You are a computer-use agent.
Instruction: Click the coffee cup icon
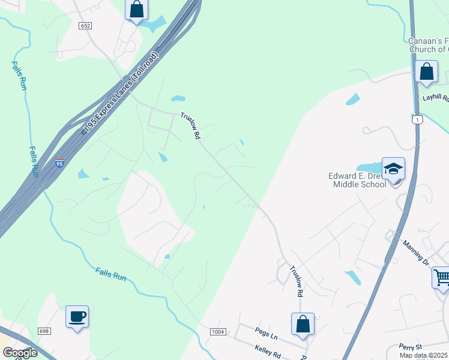point(77,316)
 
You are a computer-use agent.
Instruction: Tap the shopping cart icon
point(441,277)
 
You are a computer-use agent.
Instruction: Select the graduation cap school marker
point(393,169)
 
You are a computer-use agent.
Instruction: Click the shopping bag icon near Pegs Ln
point(303,323)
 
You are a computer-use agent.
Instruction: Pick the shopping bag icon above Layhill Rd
point(426,71)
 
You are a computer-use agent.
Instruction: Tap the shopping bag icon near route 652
point(137,10)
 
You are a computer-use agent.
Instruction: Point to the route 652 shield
point(86,26)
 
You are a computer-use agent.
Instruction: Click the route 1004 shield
point(218,332)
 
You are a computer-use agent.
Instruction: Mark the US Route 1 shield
point(415,120)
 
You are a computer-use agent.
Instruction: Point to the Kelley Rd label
point(268,349)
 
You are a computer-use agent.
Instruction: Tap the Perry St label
point(412,347)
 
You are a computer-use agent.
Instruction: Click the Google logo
point(19,353)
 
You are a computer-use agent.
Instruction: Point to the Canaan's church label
point(428,45)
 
